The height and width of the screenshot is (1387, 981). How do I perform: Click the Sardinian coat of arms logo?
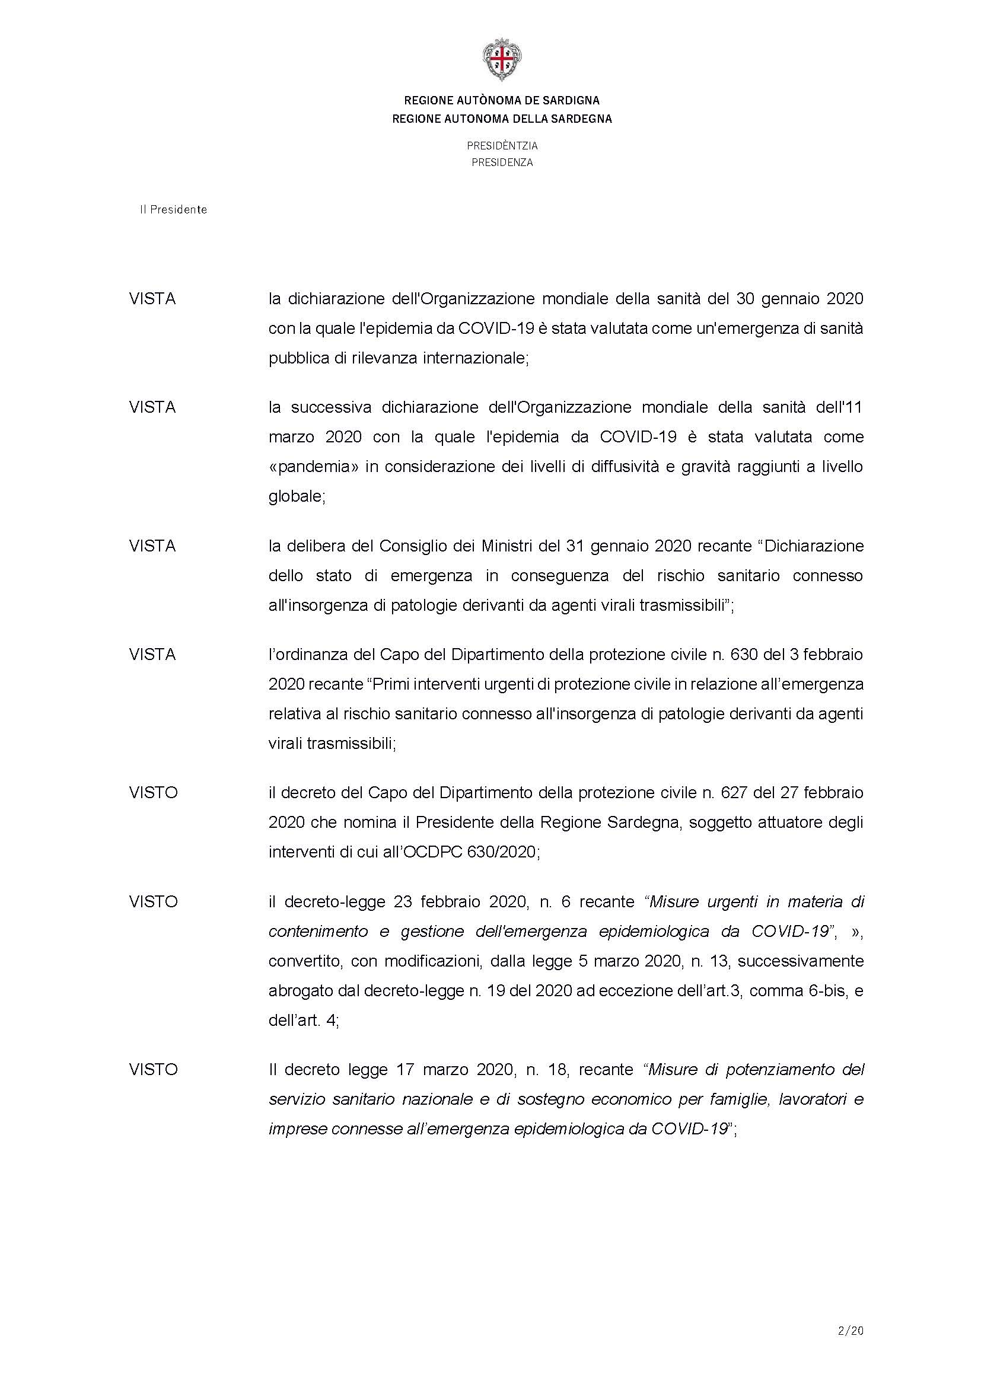pyautogui.click(x=502, y=60)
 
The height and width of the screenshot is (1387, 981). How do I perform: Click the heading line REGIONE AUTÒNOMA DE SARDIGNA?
pyautogui.click(x=502, y=100)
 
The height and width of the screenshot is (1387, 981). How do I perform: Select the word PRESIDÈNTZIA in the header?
pyautogui.click(x=502, y=146)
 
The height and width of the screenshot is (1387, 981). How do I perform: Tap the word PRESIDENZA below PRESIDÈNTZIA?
pyautogui.click(x=502, y=162)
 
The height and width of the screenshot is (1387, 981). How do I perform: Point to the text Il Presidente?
pyautogui.click(x=173, y=209)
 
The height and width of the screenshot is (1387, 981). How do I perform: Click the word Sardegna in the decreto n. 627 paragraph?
pyautogui.click(x=648, y=822)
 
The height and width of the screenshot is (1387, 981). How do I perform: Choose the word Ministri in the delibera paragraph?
pyautogui.click(x=506, y=546)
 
